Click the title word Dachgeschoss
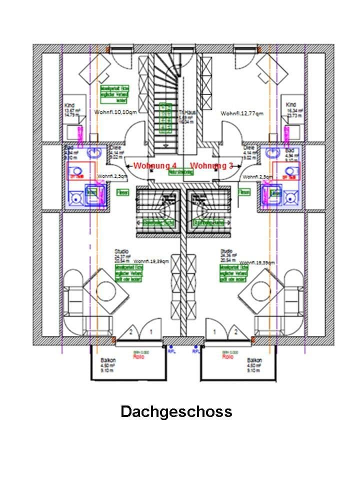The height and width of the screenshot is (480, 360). [176, 411]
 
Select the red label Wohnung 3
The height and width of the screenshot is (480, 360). [212, 165]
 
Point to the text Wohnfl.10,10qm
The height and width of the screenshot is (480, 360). [115, 112]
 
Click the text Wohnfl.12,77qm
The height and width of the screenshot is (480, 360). [242, 114]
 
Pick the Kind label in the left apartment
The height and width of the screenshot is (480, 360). [69, 105]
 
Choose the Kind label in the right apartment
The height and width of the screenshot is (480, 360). [290, 104]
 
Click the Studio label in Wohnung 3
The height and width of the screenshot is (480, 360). [226, 251]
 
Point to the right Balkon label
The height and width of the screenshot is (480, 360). [254, 360]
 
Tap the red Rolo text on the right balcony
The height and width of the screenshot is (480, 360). [227, 357]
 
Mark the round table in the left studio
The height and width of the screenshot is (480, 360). [106, 290]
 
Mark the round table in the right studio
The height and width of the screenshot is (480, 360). [261, 290]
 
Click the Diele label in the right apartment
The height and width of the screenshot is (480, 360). [249, 148]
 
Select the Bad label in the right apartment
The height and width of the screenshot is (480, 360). [290, 150]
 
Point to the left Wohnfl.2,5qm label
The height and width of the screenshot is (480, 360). [112, 176]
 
